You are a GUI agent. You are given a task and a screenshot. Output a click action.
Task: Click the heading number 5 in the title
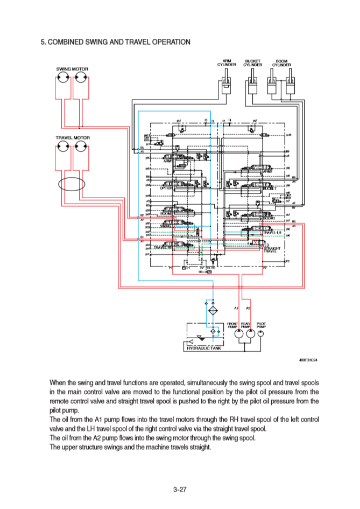click(x=44, y=41)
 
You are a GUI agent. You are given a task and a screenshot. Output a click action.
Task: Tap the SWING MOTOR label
click(x=72, y=69)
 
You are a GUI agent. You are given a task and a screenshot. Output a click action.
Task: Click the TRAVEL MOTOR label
click(x=73, y=138)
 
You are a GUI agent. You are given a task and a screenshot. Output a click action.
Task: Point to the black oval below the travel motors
click(x=72, y=184)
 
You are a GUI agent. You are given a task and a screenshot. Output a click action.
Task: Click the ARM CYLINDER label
click(x=227, y=62)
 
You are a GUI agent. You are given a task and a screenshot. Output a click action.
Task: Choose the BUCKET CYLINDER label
click(x=252, y=62)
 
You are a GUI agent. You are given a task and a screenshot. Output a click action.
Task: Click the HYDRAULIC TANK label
click(x=204, y=348)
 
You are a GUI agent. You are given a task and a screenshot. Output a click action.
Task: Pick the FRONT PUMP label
click(x=233, y=325)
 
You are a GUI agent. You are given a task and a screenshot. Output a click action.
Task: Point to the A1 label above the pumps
click(x=236, y=308)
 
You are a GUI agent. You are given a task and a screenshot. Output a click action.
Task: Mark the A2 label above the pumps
click(x=248, y=308)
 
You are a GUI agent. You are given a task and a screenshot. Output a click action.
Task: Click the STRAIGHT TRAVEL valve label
click(x=272, y=249)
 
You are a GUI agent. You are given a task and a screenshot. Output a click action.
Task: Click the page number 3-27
click(x=180, y=489)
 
